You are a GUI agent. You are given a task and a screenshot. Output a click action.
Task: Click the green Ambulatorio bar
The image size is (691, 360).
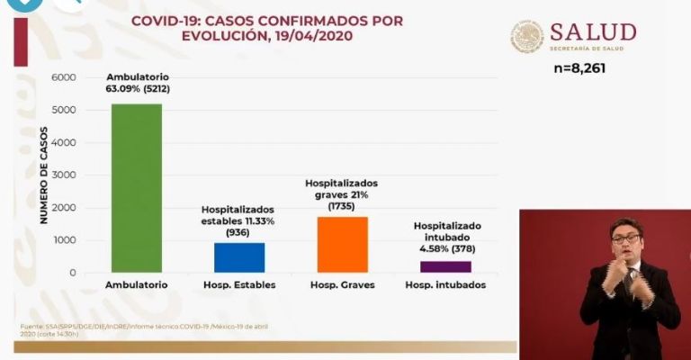click(x=137, y=188)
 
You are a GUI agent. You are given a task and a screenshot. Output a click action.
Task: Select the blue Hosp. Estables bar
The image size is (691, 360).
click(x=239, y=257)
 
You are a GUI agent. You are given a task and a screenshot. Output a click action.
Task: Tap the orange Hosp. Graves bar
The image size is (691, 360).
click(x=342, y=244)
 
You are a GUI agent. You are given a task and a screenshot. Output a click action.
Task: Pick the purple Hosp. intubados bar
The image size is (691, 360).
click(x=446, y=266)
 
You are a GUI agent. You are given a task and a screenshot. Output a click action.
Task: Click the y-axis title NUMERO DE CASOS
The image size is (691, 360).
click(x=43, y=175)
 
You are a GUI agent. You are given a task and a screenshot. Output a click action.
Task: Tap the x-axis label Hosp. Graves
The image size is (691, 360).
click(x=343, y=285)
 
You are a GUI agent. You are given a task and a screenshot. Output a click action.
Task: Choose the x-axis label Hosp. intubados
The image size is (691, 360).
click(x=445, y=285)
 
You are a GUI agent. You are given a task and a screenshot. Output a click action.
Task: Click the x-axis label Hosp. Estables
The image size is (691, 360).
click(x=239, y=285)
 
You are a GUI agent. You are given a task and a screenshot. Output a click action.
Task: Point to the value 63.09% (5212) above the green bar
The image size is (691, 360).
click(x=137, y=89)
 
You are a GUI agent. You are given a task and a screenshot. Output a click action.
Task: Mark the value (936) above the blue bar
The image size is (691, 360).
click(x=238, y=233)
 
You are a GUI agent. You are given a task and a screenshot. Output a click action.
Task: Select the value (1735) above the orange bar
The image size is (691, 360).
click(x=341, y=206)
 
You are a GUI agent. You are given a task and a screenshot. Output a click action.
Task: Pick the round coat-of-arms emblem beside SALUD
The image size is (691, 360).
click(x=527, y=37)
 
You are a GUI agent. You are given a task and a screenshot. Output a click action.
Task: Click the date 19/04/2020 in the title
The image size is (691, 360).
click(x=312, y=36)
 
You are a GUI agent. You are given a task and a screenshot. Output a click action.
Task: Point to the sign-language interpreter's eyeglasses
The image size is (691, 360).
click(x=625, y=238)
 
